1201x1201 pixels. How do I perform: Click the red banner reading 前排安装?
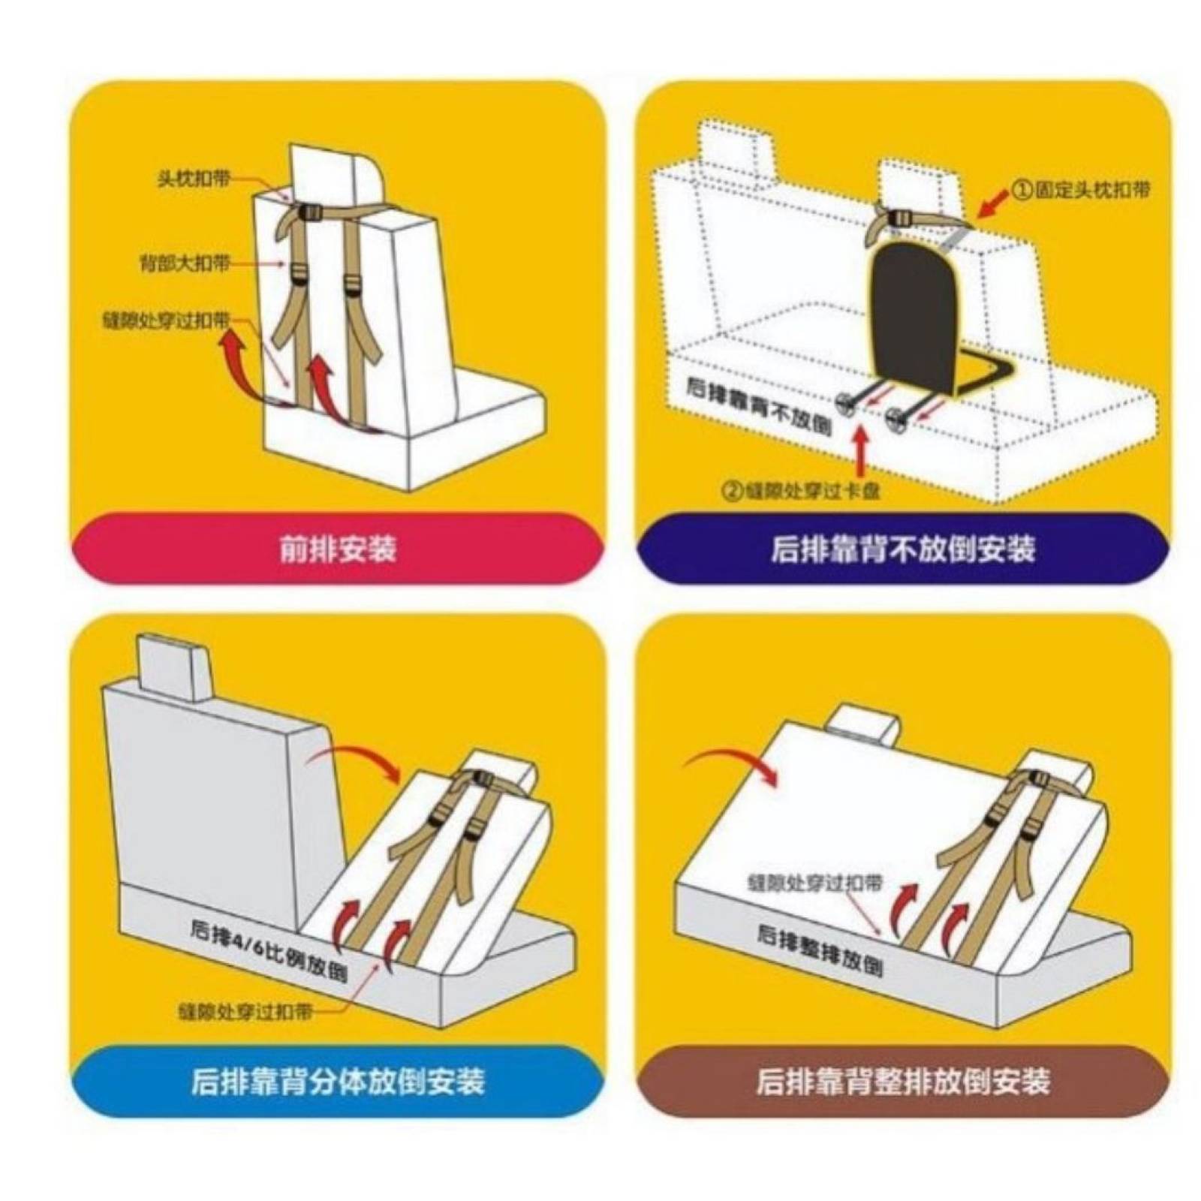point(337,549)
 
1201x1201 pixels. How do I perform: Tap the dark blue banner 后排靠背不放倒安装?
point(902,549)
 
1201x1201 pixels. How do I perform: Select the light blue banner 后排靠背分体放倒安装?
point(337,1082)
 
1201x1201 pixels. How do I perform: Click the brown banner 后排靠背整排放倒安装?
point(902,1082)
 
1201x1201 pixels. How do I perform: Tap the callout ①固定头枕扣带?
point(1082,189)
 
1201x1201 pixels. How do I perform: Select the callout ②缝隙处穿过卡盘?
point(801,492)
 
